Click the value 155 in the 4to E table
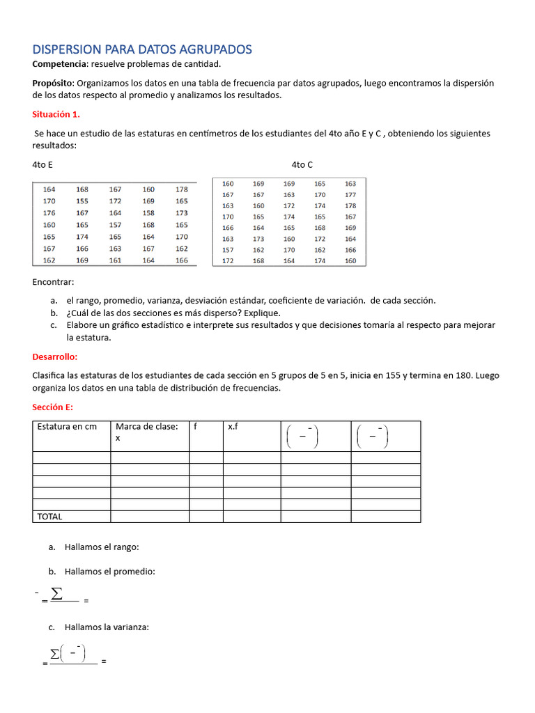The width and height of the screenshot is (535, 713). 82,201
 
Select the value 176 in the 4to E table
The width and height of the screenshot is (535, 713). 49,213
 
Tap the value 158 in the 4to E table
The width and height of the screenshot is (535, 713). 149,213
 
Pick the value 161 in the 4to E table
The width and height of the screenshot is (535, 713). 115,260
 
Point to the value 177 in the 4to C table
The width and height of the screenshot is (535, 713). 350,195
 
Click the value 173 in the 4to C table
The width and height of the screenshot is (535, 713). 258,239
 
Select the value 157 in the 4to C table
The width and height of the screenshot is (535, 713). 228,249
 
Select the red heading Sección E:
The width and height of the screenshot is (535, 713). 53,407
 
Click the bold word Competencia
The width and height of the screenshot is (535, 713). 60,64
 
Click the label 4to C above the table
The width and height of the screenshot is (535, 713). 302,164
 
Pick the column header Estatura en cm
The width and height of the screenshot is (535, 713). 67,427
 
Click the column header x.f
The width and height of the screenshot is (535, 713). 233,427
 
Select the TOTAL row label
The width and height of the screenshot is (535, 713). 49,517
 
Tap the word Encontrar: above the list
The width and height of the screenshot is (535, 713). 53,282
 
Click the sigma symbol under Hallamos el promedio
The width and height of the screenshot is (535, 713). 56,594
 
